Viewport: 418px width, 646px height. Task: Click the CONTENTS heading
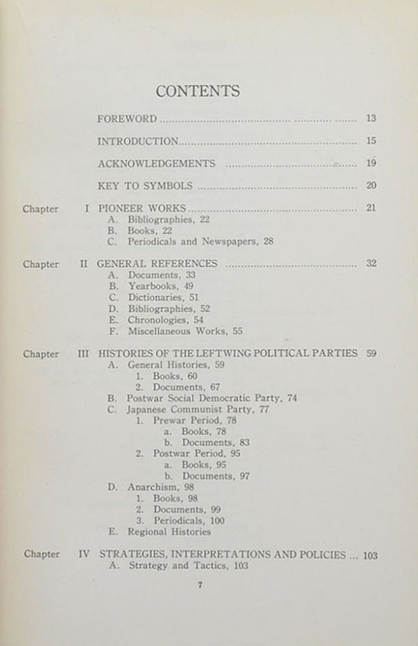(x=198, y=91)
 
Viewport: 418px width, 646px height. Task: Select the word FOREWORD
(x=127, y=119)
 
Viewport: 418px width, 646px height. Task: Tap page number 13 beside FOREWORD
(x=371, y=119)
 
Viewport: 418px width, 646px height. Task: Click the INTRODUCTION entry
(x=138, y=141)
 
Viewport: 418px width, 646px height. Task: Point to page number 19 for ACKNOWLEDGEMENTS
(x=371, y=164)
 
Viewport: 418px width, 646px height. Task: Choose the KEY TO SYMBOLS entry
(x=144, y=186)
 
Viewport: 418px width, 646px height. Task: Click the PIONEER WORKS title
(x=141, y=208)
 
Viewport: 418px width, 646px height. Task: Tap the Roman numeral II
(x=83, y=264)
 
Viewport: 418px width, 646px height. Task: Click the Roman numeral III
(x=83, y=354)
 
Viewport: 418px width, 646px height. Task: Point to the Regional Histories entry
(x=169, y=532)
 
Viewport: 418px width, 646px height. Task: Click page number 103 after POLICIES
(x=370, y=555)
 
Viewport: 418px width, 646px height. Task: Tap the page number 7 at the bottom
(x=199, y=585)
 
